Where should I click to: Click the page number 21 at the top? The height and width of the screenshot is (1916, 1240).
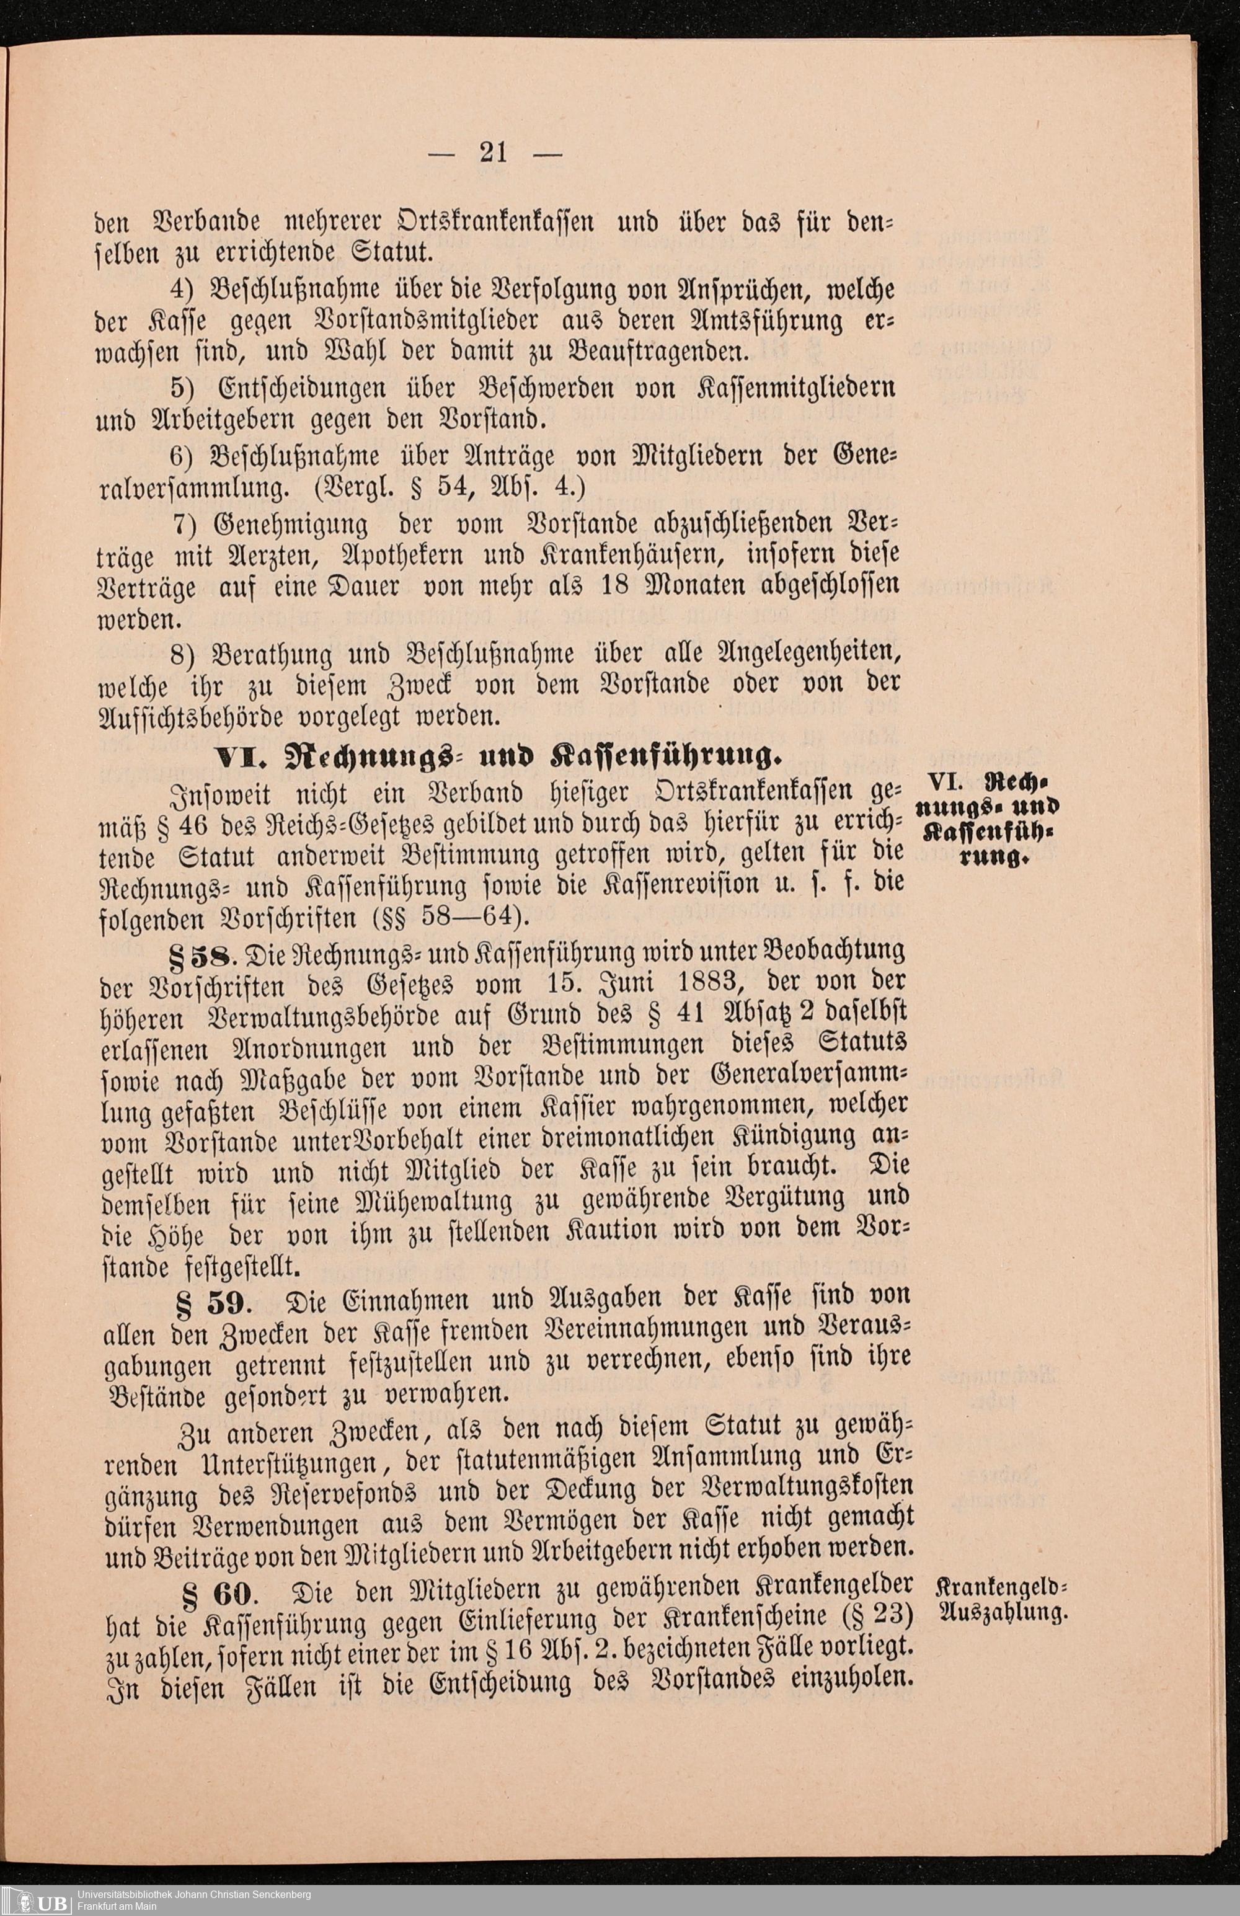click(x=493, y=151)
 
